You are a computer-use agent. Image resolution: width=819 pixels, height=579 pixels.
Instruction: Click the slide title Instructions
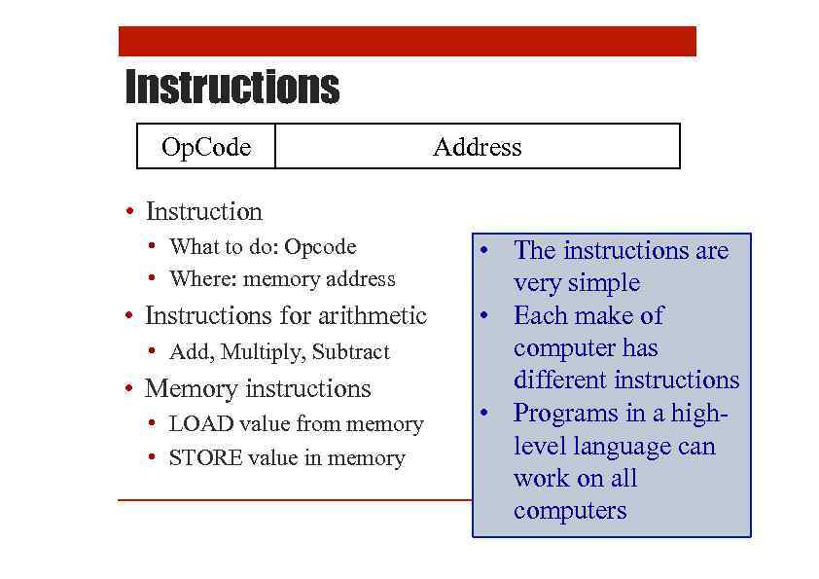click(232, 87)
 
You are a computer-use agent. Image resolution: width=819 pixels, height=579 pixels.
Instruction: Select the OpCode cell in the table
click(206, 147)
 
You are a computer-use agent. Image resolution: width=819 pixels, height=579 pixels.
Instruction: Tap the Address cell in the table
click(477, 147)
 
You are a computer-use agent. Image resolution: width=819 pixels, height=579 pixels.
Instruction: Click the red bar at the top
click(407, 41)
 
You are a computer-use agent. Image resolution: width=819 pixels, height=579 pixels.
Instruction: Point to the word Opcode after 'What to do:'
click(319, 247)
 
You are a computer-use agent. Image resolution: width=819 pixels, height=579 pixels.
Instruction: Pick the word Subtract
click(350, 352)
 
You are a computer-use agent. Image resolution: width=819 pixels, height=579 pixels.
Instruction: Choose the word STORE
click(204, 458)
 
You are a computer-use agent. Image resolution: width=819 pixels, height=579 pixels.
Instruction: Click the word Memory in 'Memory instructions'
click(181, 389)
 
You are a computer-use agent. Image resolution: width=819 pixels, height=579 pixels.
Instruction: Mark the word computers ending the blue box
click(570, 511)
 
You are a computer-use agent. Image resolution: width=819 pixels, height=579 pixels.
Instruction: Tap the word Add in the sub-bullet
click(187, 352)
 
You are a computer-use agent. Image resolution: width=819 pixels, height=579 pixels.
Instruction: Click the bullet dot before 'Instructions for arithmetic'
click(129, 317)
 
